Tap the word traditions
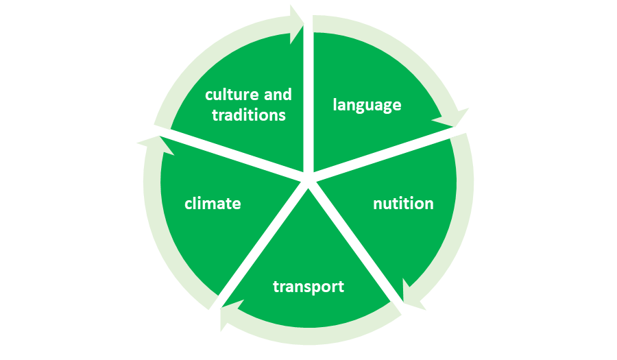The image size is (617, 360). click(x=248, y=115)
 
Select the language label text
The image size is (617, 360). click(x=367, y=105)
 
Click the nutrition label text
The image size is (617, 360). click(x=403, y=204)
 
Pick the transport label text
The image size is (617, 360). click(x=308, y=286)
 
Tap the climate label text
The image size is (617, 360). click(x=213, y=204)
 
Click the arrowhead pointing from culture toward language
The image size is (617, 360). click(x=297, y=24)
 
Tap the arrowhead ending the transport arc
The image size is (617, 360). click(x=228, y=316)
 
